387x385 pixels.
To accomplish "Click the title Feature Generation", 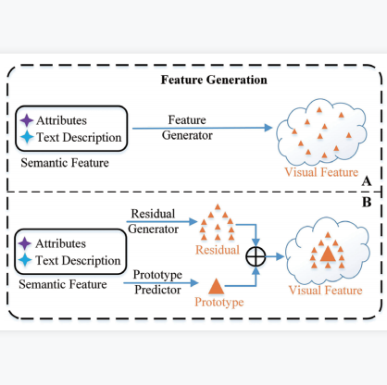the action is click(214, 80).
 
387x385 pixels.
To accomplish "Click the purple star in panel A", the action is click(27, 120).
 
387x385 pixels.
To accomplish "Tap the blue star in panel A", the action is click(27, 137).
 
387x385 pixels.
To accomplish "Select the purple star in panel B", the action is click(25, 243).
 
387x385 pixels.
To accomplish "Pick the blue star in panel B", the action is click(25, 260).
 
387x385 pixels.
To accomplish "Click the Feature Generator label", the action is click(187, 128).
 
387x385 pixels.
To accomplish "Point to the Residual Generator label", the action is click(153, 221).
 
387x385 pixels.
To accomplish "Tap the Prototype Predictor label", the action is click(157, 282).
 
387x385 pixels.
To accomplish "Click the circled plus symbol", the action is click(256, 256).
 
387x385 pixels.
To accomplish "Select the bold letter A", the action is click(367, 181).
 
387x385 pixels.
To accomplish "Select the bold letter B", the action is click(367, 203).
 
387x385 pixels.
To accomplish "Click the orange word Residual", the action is click(218, 250).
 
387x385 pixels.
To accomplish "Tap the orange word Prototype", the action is click(219, 302).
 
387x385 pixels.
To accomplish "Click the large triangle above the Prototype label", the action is click(217, 287).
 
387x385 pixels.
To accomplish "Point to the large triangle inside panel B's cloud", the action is click(328, 255).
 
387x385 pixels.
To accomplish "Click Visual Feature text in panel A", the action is click(321, 172).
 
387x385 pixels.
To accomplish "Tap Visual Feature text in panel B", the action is click(325, 291).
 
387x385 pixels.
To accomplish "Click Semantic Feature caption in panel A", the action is click(65, 163).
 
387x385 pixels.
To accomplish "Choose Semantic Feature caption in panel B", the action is click(63, 284).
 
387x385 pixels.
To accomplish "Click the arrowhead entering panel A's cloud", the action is click(268, 128).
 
